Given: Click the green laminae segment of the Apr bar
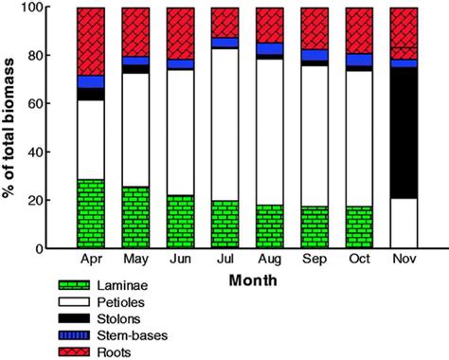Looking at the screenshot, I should tap(91, 213).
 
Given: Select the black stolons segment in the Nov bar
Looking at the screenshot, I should tap(404, 133).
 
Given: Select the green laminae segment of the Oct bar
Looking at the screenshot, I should tap(360, 227).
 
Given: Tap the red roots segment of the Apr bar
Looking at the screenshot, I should tap(91, 41).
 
